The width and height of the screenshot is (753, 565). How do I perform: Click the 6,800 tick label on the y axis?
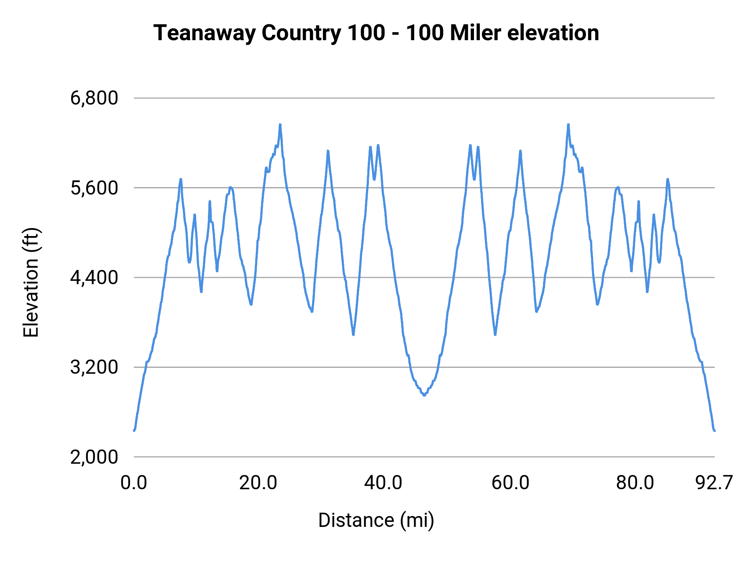[94, 98]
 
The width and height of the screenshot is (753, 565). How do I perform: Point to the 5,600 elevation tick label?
[94, 188]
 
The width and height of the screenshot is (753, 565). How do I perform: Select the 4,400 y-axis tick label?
[94, 277]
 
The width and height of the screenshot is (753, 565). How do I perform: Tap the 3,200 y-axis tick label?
[94, 367]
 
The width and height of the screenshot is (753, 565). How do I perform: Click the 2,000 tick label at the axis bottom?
[94, 457]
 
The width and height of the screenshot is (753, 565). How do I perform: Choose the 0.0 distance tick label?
[134, 483]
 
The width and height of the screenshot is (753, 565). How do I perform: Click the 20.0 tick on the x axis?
[258, 483]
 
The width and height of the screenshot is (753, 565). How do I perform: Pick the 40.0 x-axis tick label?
[383, 483]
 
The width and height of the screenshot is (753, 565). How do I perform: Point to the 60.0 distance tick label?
[510, 483]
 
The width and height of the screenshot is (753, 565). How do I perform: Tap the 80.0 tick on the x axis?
[635, 483]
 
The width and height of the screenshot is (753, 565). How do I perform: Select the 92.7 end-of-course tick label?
[714, 483]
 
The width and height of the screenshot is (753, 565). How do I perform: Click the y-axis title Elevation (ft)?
[31, 282]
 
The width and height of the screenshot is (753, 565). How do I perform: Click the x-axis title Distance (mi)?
[376, 520]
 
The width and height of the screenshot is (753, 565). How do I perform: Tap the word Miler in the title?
[475, 33]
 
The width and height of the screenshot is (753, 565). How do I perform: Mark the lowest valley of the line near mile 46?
[424, 395]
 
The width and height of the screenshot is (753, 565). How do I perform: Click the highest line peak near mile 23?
[280, 124]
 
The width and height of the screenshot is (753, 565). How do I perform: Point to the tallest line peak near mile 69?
[568, 124]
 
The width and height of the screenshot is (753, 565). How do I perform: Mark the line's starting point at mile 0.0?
[134, 430]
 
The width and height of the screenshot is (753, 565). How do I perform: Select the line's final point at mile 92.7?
[715, 430]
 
